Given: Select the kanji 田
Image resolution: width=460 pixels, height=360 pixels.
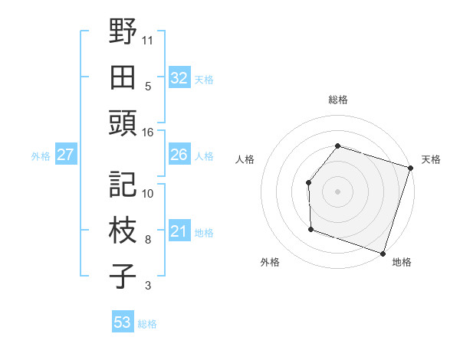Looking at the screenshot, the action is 122,77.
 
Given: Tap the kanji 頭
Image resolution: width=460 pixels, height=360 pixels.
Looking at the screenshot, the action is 122,121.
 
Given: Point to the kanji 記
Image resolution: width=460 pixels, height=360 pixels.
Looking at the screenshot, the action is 122,184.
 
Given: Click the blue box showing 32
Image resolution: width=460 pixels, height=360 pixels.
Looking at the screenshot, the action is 179,77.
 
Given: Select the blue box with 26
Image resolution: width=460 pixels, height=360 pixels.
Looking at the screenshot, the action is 179,155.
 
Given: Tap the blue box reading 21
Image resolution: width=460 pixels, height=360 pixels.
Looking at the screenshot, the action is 179,231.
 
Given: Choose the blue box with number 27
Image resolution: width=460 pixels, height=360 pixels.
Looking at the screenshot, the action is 65,155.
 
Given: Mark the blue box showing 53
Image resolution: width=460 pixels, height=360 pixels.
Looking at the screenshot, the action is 122,322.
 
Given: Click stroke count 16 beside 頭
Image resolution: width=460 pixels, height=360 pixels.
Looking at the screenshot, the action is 148,133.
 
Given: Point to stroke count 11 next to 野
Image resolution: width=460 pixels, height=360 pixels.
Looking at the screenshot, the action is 148,38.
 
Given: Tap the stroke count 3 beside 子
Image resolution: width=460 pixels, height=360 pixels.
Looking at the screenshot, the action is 148,286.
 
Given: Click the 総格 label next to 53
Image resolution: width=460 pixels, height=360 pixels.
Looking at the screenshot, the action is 147,324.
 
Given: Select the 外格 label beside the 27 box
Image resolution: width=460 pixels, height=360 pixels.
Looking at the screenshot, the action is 41,155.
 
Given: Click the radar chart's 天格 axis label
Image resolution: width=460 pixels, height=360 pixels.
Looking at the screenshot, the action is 431,159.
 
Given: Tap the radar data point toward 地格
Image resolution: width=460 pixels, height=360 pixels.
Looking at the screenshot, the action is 383,253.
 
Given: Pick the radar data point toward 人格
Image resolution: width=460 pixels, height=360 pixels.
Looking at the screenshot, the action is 308,182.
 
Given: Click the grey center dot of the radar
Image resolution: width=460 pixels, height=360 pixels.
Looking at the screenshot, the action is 337,191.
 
